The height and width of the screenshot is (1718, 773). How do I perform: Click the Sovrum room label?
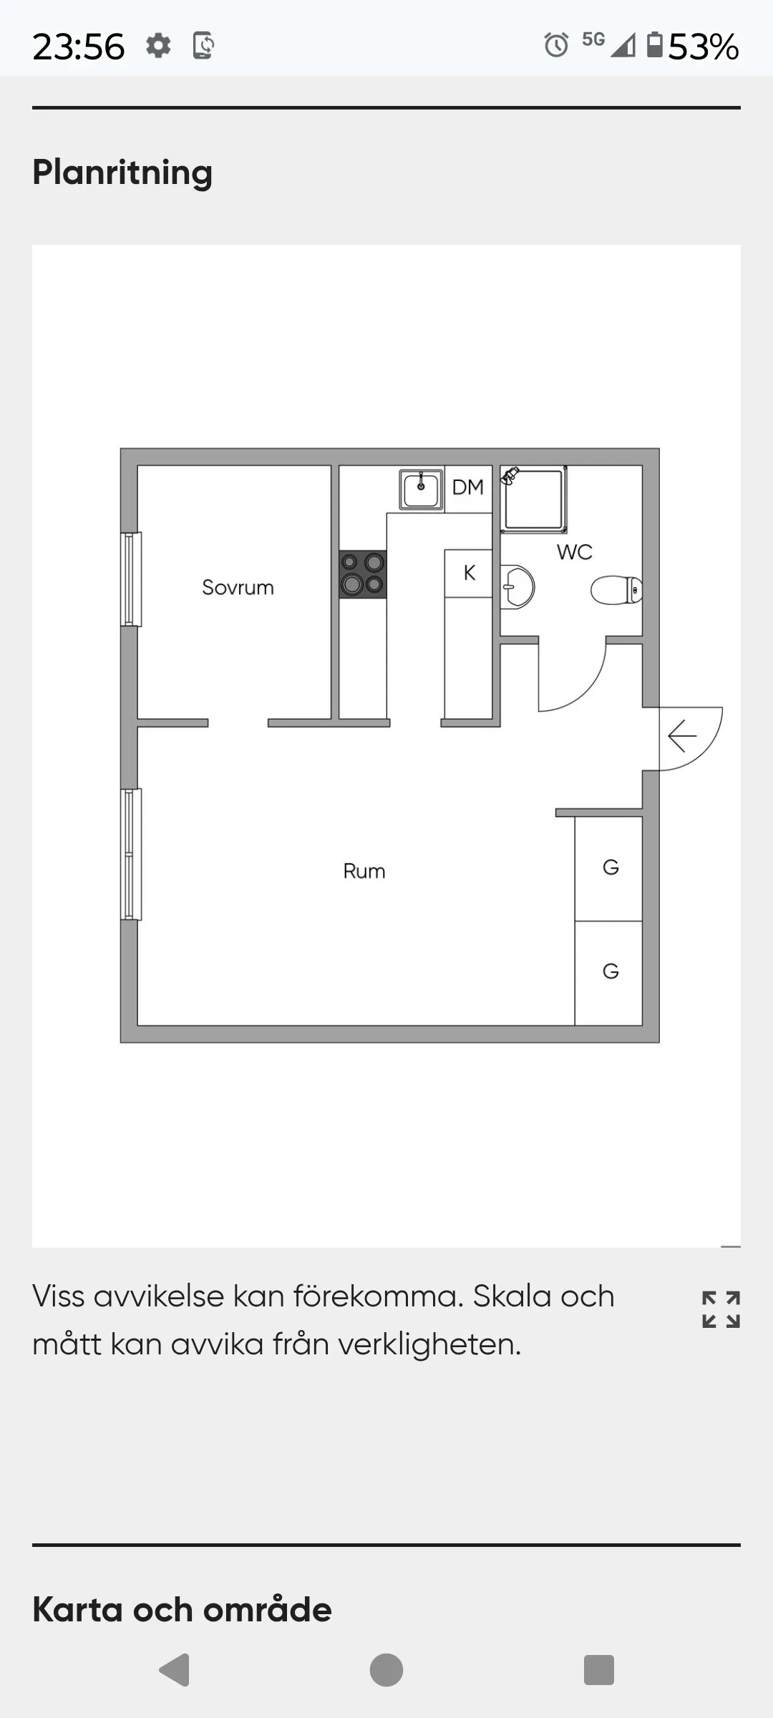click(x=238, y=588)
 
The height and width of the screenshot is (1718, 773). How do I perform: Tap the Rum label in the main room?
click(x=364, y=871)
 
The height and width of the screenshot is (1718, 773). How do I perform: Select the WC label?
click(x=575, y=552)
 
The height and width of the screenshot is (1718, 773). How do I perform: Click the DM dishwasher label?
click(x=468, y=487)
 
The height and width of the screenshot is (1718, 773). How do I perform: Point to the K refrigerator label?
click(x=470, y=573)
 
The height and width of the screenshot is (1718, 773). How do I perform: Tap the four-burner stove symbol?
click(x=363, y=574)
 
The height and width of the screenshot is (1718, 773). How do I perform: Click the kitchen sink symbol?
click(x=421, y=489)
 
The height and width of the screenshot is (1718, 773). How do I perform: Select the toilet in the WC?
click(x=616, y=591)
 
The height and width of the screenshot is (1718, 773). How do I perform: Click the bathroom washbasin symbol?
click(x=517, y=588)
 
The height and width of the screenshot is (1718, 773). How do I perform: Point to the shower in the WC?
click(x=534, y=499)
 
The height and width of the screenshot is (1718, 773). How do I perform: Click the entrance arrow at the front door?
click(x=682, y=736)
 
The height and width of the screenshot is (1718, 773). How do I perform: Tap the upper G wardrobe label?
click(x=611, y=868)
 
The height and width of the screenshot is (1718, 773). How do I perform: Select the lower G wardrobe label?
click(x=611, y=971)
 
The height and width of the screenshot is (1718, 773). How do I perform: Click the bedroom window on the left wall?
click(x=131, y=579)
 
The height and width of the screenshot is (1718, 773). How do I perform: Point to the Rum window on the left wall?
click(x=131, y=854)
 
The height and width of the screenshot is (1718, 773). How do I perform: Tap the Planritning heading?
click(x=122, y=173)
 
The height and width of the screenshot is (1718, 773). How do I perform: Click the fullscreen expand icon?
click(x=721, y=1309)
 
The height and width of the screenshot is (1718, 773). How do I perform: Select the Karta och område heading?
click(x=182, y=1609)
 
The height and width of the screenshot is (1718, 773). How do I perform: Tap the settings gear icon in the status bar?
click(x=158, y=46)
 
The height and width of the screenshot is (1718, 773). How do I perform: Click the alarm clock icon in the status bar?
click(x=556, y=45)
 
